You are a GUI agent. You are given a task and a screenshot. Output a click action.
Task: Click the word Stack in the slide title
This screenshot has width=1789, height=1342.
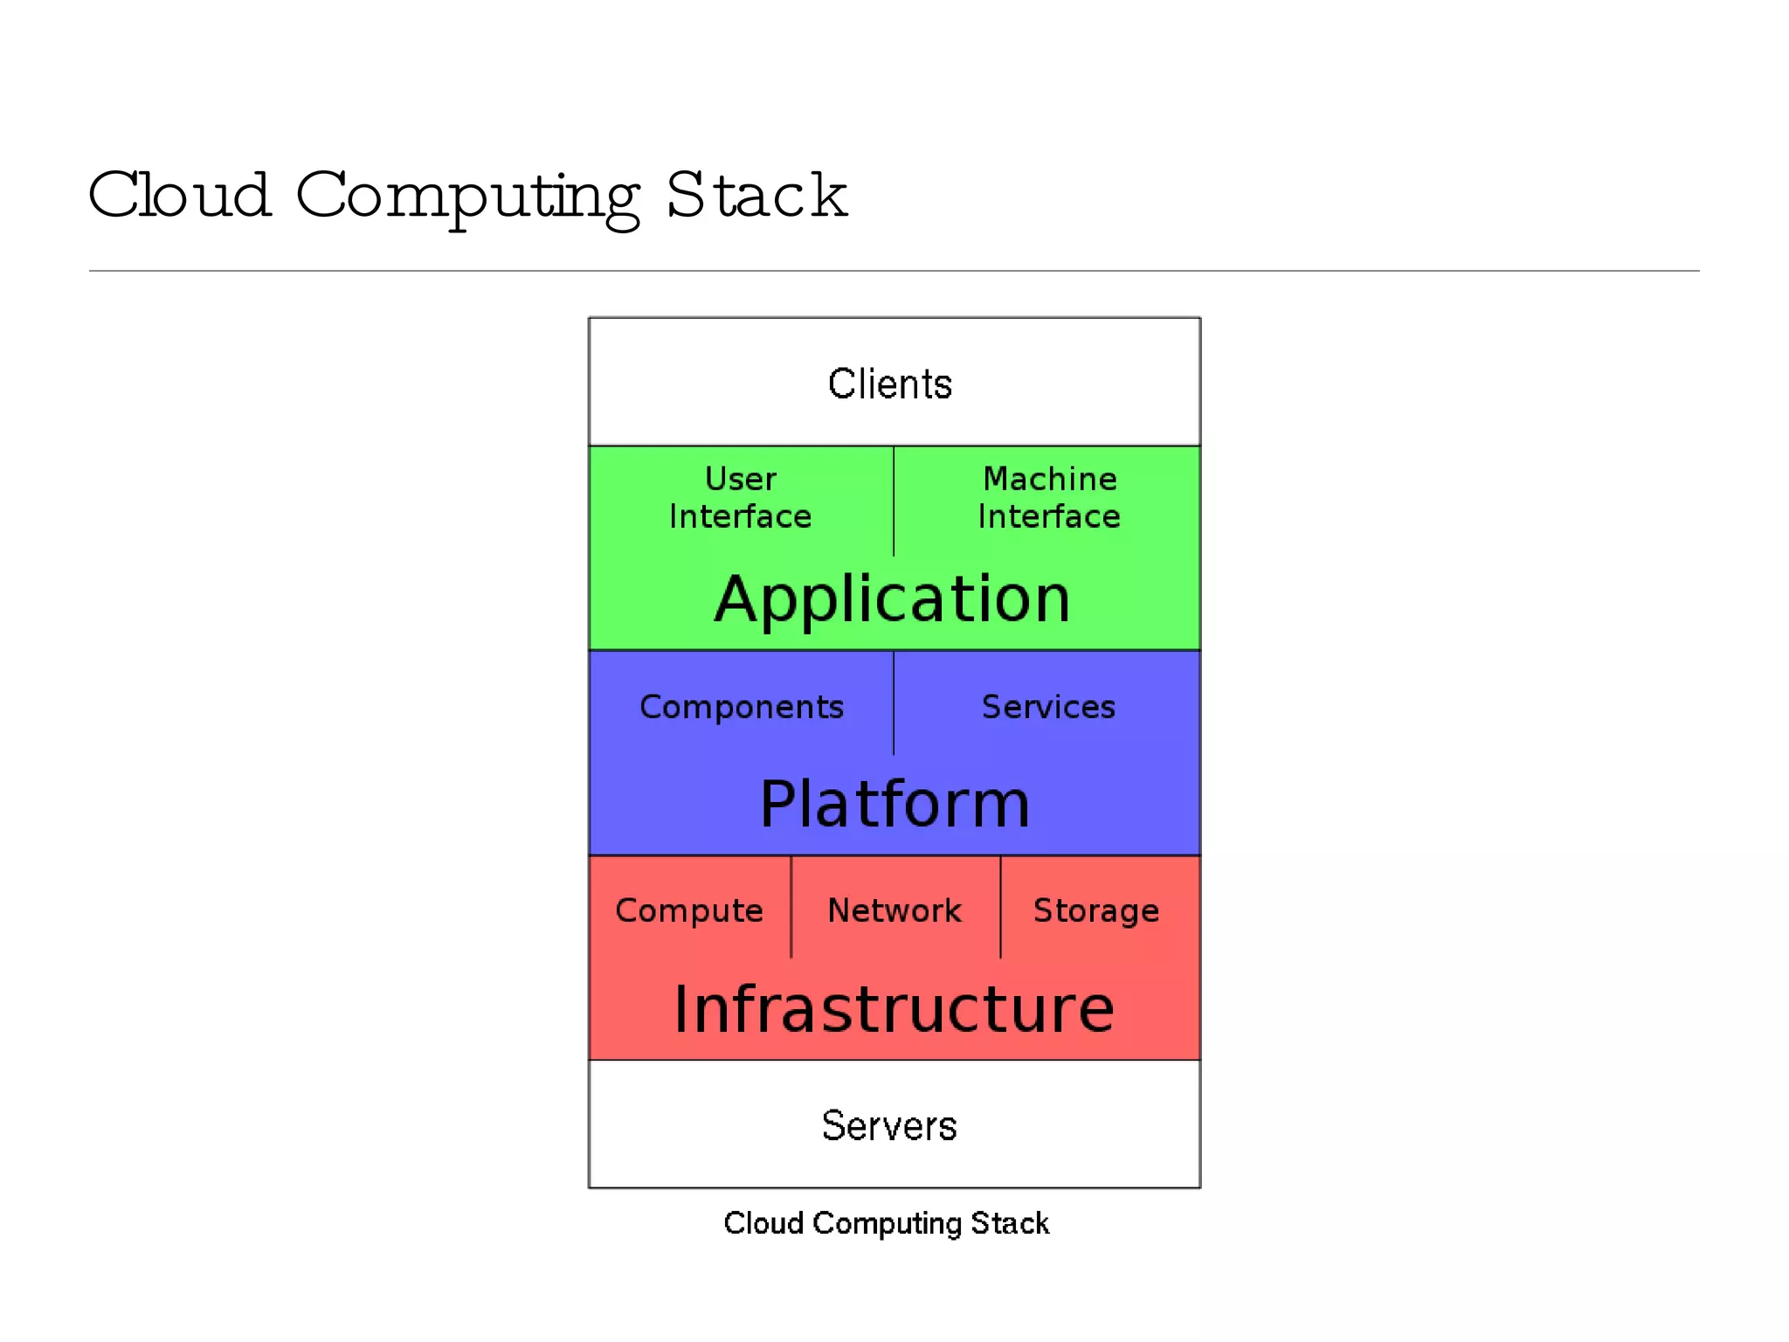(x=756, y=196)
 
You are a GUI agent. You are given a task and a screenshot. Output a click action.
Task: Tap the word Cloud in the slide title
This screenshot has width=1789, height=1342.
(x=179, y=196)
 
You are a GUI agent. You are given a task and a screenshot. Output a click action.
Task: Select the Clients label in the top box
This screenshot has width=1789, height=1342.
(x=889, y=384)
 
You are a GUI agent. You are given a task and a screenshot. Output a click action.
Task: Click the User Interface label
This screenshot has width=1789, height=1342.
(x=741, y=498)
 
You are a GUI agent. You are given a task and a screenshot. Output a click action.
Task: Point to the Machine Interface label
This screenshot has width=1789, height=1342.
(x=1049, y=498)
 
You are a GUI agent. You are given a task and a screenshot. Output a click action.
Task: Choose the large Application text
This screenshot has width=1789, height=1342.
(x=893, y=599)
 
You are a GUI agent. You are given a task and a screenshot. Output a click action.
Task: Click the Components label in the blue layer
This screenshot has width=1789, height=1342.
(x=742, y=707)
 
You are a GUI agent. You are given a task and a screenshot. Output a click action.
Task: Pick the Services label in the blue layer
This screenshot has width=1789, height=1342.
(x=1048, y=707)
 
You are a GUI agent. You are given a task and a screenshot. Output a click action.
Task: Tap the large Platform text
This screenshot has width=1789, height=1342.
(x=894, y=804)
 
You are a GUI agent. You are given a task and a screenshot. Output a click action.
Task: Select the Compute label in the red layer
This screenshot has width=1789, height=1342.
(x=689, y=911)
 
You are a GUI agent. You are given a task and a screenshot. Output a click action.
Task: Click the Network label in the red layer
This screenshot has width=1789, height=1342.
(x=894, y=910)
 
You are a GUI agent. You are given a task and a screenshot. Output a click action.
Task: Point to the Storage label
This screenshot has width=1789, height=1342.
(x=1096, y=911)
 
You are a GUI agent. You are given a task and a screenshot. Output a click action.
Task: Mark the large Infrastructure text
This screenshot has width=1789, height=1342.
(x=894, y=1009)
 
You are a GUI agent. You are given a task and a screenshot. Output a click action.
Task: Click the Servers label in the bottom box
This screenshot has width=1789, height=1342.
(x=889, y=1125)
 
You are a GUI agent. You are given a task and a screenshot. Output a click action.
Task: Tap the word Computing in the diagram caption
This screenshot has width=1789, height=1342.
(x=887, y=1224)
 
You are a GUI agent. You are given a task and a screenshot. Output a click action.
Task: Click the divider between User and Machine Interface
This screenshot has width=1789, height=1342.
(x=894, y=502)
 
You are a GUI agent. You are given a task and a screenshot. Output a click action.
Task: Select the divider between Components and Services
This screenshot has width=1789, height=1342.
(x=894, y=704)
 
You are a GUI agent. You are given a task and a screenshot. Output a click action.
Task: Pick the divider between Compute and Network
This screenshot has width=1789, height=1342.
(x=791, y=907)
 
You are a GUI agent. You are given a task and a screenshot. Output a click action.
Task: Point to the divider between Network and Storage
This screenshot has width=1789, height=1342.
(x=1000, y=907)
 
